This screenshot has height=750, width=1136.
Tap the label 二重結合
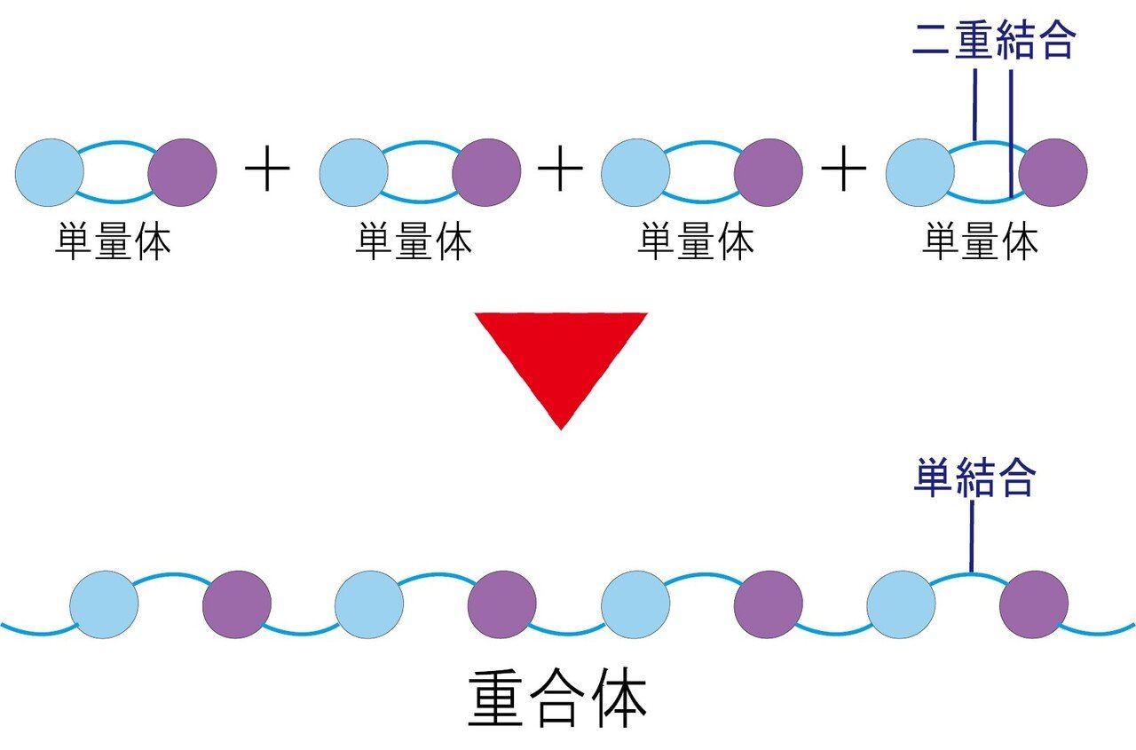pyautogui.click(x=994, y=40)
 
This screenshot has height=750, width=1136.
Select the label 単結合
pyautogui.click(x=974, y=479)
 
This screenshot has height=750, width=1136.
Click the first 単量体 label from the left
pyautogui.click(x=113, y=241)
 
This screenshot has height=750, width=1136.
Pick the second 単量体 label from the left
pyautogui.click(x=414, y=241)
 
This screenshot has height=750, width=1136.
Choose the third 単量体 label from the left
pyautogui.click(x=696, y=241)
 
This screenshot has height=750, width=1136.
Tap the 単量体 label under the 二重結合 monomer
pyautogui.click(x=980, y=241)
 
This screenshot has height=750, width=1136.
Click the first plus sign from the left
pyautogui.click(x=268, y=171)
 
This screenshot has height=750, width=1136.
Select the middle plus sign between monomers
pyautogui.click(x=559, y=171)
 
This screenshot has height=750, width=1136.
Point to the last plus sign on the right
pyautogui.click(x=843, y=171)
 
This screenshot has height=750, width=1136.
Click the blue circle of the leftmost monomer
pyautogui.click(x=50, y=172)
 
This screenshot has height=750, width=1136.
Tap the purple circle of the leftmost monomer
pyautogui.click(x=182, y=172)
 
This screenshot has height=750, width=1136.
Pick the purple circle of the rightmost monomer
pyautogui.click(x=1053, y=172)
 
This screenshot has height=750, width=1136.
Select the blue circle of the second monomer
pyautogui.click(x=353, y=172)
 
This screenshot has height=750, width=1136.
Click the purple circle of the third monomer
pyautogui.click(x=769, y=172)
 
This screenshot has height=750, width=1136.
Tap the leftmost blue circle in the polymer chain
pyautogui.click(x=105, y=604)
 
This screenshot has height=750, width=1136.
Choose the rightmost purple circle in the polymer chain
pyautogui.click(x=1034, y=604)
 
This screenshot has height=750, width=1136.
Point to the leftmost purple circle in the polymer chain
pyautogui.click(x=237, y=604)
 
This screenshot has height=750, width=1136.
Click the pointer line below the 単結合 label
pyautogui.click(x=972, y=537)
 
